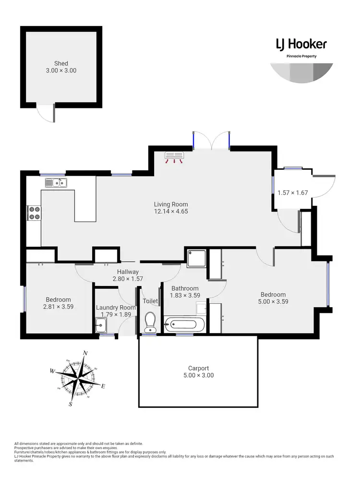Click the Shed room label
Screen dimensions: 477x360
pyautogui.click(x=61, y=63)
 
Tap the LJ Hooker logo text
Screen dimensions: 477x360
pyautogui.click(x=301, y=45)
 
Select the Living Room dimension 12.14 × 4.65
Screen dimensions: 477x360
pyautogui.click(x=170, y=211)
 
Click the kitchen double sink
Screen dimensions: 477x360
pyautogui.click(x=56, y=182)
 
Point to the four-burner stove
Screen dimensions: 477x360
pyautogui.click(x=34, y=213)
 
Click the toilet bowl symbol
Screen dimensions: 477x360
pyautogui.click(x=150, y=322)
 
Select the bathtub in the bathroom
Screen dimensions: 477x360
pyautogui.click(x=184, y=324)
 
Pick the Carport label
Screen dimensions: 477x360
pyautogui.click(x=198, y=369)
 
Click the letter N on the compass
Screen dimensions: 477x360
pyautogui.click(x=85, y=353)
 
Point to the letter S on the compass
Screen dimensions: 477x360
pyautogui.click(x=70, y=404)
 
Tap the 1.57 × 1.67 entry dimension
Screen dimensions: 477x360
pyautogui.click(x=292, y=193)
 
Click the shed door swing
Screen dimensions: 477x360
pyautogui.click(x=48, y=113)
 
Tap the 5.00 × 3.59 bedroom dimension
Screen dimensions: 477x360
pyautogui.click(x=273, y=301)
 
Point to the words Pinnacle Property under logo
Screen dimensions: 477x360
pyautogui.click(x=301, y=56)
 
